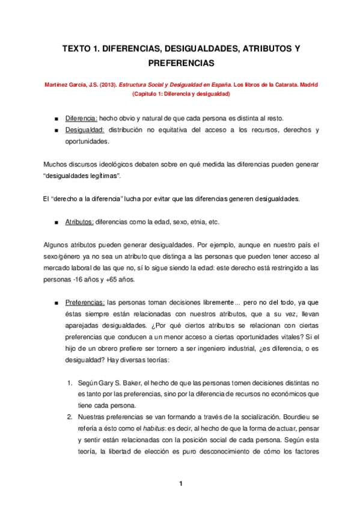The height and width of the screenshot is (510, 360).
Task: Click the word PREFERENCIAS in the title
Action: click(x=180, y=62)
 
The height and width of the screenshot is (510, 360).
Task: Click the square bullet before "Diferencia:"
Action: click(x=56, y=118)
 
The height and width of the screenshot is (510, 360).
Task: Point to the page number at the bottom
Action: click(x=180, y=484)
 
